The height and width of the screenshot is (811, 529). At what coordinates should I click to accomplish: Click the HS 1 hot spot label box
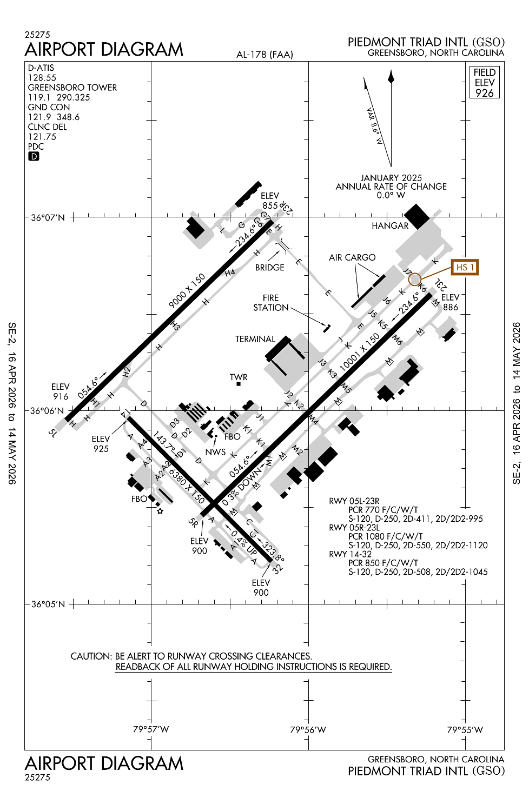coord(465,267)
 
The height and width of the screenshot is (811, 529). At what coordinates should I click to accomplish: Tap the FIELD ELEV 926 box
coord(485,82)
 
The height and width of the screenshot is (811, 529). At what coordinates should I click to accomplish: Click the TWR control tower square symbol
coord(238,384)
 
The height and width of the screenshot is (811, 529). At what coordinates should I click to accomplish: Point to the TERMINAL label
coord(255,339)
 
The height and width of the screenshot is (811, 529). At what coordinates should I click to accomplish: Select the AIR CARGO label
coord(352,257)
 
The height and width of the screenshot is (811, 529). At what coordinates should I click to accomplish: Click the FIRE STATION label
coord(271,303)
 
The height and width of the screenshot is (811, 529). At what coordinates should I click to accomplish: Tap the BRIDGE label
coord(270,267)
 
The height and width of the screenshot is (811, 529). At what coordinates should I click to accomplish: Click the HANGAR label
coord(390,225)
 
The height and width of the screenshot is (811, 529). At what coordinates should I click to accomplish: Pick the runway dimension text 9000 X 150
coord(187,291)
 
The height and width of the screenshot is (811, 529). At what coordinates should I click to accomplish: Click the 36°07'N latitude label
coord(48,217)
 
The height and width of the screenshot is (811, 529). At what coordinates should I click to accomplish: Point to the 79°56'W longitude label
coord(308,730)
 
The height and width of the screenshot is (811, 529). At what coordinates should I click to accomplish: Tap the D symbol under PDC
coord(34,156)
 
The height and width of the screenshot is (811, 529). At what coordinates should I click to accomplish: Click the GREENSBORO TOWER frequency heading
coord(72,88)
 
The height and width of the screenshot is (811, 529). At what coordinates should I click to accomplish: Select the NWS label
coord(215,452)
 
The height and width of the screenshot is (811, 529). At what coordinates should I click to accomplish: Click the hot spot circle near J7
coord(415,279)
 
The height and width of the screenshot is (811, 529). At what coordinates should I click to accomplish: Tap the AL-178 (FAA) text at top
coord(264,54)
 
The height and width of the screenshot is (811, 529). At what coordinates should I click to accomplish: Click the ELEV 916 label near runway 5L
coord(61,391)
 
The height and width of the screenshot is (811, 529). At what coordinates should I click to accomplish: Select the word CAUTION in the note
coord(91,656)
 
